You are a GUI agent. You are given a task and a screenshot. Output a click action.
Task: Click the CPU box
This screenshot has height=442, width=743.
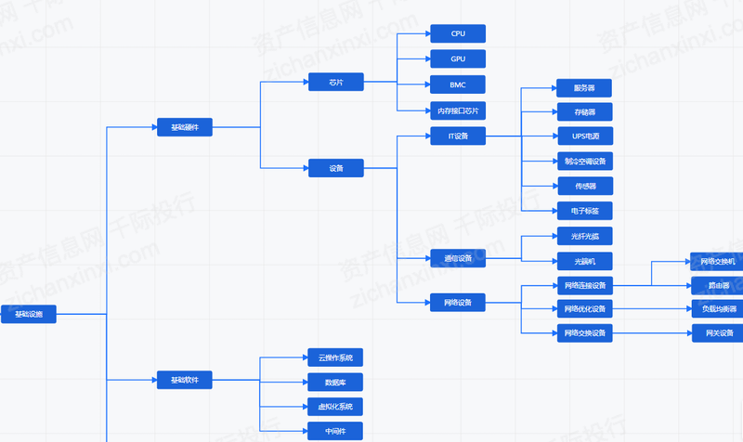458,34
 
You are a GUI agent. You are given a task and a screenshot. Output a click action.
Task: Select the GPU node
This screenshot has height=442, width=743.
458,59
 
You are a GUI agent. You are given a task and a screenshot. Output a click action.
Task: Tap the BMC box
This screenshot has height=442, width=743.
458,84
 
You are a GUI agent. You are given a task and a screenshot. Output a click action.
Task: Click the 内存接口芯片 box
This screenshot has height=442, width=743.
458,110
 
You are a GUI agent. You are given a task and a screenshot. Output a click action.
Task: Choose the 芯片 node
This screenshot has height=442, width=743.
335,83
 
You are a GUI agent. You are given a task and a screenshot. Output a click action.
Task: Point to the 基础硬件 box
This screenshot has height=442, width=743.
185,126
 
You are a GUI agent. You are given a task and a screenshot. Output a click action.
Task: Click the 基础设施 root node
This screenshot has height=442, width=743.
28,315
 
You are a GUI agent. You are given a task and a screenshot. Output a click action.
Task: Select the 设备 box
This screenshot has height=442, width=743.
335,168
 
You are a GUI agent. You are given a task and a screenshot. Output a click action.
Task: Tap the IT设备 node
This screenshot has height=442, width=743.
458,136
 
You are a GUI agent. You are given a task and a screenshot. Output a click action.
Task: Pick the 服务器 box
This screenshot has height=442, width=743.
585,88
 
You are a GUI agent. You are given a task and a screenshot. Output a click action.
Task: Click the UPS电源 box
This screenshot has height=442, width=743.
585,136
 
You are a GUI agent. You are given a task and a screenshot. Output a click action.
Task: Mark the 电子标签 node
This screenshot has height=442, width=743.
585,211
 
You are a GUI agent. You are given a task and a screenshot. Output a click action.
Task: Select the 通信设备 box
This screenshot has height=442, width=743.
458,257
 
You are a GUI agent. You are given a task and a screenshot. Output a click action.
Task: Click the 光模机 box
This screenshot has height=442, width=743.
585,261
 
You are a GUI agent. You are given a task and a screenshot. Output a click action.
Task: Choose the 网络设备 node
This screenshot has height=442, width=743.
458,302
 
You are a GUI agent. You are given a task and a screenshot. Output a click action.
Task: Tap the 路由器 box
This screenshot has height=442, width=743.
717,285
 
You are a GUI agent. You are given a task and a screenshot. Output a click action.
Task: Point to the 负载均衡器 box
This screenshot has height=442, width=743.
717,309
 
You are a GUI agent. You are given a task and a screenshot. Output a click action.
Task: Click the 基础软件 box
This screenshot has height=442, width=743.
185,380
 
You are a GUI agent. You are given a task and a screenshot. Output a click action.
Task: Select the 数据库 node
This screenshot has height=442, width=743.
335,382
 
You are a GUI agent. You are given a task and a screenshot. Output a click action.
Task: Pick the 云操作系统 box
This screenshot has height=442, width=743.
335,357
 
